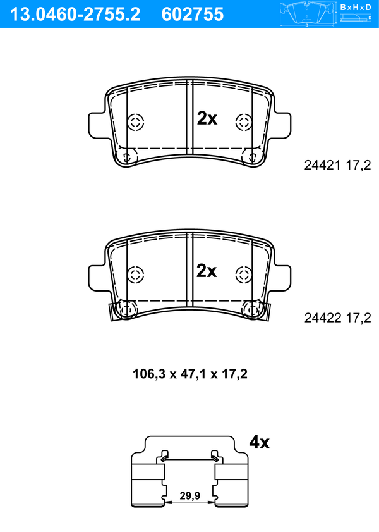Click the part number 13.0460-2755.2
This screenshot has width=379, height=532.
point(75,15)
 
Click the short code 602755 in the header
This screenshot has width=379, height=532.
point(193,15)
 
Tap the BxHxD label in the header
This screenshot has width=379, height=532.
point(356,7)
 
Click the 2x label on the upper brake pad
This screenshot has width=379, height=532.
point(207,118)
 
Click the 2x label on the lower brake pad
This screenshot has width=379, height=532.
point(207,271)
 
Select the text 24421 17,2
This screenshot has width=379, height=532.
point(337,165)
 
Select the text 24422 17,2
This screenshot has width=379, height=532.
point(337,318)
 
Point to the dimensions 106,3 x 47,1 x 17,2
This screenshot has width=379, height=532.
point(190,374)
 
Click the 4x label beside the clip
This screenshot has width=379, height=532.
point(260,442)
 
